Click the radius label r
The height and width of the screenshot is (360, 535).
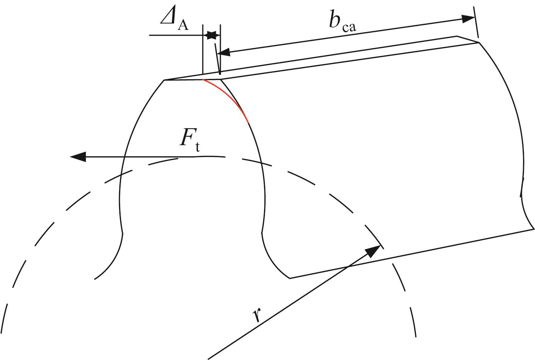click(257, 315)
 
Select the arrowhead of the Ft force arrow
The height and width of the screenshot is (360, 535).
click(78, 157)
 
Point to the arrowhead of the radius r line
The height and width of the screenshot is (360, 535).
click(374, 251)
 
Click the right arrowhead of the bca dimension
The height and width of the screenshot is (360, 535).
click(468, 18)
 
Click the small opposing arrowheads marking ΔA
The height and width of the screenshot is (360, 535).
click(211, 36)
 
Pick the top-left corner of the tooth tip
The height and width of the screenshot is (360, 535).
click(164, 80)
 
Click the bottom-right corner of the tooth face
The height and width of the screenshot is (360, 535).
click(533, 229)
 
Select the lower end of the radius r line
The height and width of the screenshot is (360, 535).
click(209, 358)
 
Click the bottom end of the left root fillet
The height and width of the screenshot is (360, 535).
click(95, 279)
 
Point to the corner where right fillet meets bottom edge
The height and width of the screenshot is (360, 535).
click(290, 278)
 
